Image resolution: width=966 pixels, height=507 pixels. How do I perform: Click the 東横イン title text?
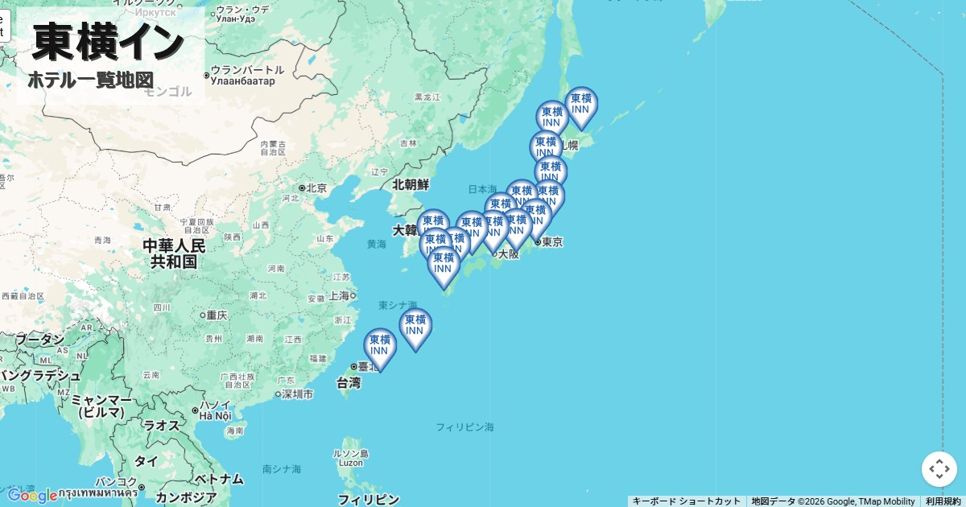[x=109, y=42]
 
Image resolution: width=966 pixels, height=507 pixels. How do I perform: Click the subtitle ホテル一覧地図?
[x=90, y=80]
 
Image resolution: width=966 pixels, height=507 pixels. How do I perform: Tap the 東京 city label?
[x=551, y=242]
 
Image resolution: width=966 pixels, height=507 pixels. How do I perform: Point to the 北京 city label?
[x=315, y=188]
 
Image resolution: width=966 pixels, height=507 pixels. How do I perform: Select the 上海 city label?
[x=338, y=295]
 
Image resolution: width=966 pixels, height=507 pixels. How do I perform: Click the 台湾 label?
[x=348, y=383]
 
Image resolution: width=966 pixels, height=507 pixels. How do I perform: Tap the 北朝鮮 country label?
[x=411, y=184]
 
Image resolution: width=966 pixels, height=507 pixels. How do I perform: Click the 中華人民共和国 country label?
[x=174, y=253]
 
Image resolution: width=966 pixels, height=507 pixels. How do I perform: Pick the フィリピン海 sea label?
[x=464, y=427]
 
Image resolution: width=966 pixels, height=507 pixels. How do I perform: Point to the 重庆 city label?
[x=217, y=315]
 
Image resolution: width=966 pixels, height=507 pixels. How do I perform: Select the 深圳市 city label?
[x=297, y=394]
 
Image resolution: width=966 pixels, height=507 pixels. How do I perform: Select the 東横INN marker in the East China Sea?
[x=415, y=326]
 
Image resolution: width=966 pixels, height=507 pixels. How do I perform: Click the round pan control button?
[x=939, y=469]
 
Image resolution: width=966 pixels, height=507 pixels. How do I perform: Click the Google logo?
[x=32, y=496]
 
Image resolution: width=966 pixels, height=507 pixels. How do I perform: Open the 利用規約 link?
[x=943, y=501]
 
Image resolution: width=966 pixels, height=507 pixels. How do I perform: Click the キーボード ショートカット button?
[x=686, y=501]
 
